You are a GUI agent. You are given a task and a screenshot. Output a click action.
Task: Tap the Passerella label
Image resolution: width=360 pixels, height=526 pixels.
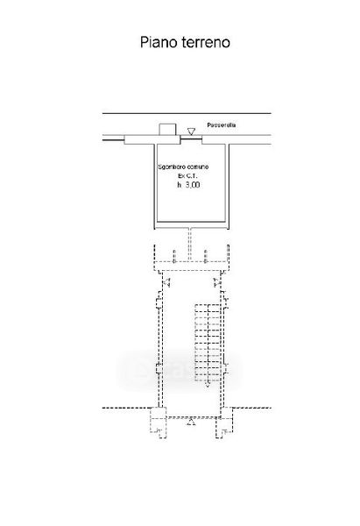tap(222, 125)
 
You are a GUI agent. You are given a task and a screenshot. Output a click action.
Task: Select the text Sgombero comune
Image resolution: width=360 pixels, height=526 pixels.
tap(183, 167)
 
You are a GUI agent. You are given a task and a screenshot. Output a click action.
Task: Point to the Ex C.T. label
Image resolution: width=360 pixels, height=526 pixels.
tap(187, 176)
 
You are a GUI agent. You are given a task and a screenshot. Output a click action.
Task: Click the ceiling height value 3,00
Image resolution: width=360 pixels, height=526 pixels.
tap(193, 185)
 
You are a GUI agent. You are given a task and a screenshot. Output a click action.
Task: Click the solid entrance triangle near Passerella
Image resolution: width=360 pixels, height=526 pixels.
tap(191, 131)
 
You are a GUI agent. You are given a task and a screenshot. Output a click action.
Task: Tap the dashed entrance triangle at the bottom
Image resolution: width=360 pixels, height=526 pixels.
tap(191, 422)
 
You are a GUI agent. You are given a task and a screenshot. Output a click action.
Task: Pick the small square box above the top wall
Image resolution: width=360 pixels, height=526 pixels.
tap(167, 130)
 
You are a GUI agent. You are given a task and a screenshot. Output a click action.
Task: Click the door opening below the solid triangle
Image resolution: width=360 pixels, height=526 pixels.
tap(191, 138)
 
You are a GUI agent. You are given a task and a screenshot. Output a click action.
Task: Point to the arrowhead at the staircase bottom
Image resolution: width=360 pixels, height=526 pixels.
tap(208, 384)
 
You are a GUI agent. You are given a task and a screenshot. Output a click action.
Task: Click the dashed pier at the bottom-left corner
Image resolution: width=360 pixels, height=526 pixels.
tap(159, 423)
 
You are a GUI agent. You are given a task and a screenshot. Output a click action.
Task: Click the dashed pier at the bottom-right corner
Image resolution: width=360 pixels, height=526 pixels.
tap(224, 423)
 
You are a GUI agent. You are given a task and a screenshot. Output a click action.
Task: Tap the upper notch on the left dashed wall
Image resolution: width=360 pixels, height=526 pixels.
tap(159, 300)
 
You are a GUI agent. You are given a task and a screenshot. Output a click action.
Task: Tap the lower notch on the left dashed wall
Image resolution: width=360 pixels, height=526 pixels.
tap(159, 369)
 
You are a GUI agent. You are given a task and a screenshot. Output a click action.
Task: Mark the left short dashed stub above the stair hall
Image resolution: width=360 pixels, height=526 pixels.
tap(173, 256)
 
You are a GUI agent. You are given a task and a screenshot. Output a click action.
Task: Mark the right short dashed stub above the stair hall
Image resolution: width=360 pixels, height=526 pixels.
tap(205, 256)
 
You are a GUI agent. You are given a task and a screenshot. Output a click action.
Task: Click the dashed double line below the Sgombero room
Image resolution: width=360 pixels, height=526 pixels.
tap(190, 245)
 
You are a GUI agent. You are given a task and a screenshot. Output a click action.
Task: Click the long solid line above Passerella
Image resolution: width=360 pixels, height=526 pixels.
tap(187, 113)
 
